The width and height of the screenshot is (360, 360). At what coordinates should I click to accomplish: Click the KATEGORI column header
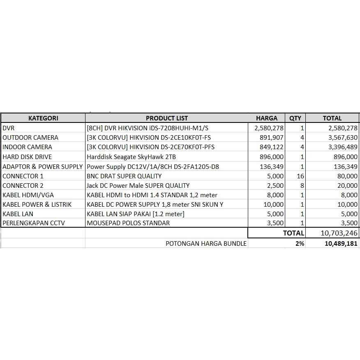[x=43, y=118]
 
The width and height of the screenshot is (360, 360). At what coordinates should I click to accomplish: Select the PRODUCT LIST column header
[x=167, y=118]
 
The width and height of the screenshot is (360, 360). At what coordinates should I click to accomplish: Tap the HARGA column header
[x=267, y=118]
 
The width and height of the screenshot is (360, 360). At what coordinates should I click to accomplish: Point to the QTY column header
[x=295, y=118]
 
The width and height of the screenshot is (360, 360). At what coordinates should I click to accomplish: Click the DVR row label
[x=9, y=128]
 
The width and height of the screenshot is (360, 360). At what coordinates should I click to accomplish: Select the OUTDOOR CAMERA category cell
[x=30, y=138]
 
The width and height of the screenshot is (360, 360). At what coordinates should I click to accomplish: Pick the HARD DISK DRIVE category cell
[x=27, y=157]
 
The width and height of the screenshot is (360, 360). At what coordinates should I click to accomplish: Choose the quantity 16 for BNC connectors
[x=300, y=176]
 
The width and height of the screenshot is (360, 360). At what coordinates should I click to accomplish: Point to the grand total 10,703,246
[x=339, y=233]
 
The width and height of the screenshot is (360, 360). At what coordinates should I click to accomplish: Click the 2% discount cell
[x=299, y=243]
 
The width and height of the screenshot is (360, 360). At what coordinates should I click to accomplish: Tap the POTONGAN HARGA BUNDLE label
[x=206, y=243]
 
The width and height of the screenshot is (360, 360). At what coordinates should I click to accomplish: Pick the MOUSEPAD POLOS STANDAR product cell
[x=128, y=223]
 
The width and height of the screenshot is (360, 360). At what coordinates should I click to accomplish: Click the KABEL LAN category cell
[x=18, y=214]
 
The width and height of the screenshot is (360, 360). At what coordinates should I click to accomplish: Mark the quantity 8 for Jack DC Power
[x=302, y=185]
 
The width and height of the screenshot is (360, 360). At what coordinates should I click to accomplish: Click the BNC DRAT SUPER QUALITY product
[x=124, y=176]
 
